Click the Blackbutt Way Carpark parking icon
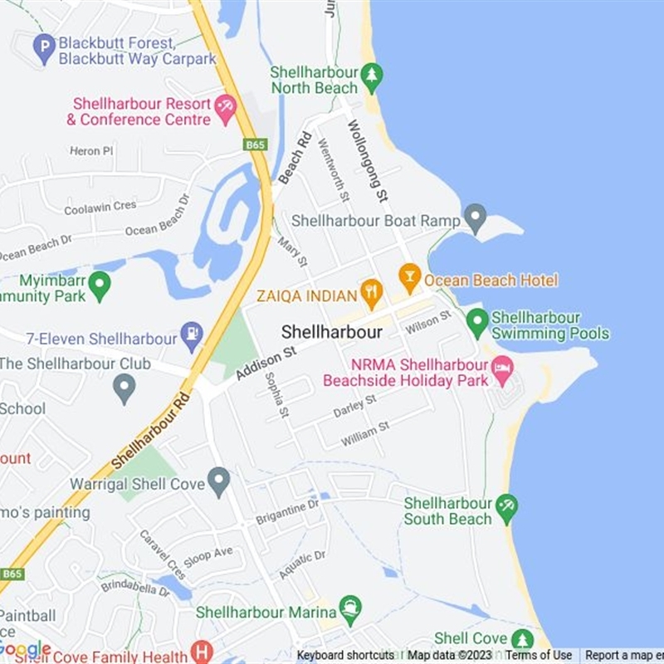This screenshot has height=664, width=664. pyautogui.click(x=44, y=49)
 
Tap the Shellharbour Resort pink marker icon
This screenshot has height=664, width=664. pyautogui.click(x=225, y=109)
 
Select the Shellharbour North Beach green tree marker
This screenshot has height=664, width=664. pyautogui.click(x=372, y=77)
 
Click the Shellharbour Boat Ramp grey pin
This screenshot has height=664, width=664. pyautogui.click(x=475, y=219)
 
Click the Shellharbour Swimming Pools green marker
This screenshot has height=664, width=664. pyautogui.click(x=477, y=322)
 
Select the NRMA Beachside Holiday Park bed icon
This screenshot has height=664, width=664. pyautogui.click(x=502, y=369)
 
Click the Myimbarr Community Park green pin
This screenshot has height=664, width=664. pyautogui.click(x=100, y=286)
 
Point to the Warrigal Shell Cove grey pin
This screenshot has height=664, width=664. pyautogui.click(x=218, y=481)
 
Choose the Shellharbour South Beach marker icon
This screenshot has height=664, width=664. pyautogui.click(x=505, y=505)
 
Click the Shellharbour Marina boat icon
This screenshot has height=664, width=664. pyautogui.click(x=350, y=610)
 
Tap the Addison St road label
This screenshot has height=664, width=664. pyautogui.click(x=266, y=364)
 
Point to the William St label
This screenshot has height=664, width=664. pyautogui.click(x=364, y=434)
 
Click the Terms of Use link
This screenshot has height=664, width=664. pyautogui.click(x=539, y=655)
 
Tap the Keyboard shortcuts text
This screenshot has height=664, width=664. pyautogui.click(x=345, y=655)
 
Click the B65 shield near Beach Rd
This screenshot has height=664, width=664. pyautogui.click(x=255, y=144)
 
